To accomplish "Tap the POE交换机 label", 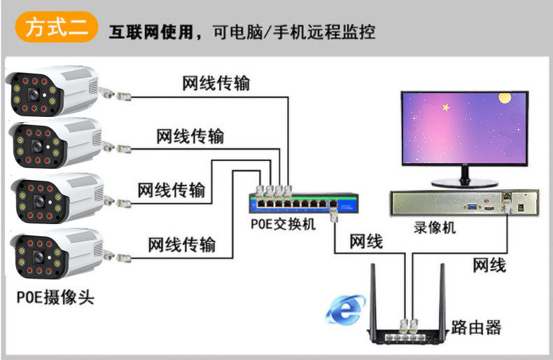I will (x=283, y=225).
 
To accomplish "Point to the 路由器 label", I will (x=477, y=326).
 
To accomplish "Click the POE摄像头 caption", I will (x=55, y=297).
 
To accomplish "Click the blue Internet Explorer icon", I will (x=344, y=309).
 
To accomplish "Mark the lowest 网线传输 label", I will (x=181, y=245).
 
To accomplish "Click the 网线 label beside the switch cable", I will (x=365, y=242).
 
